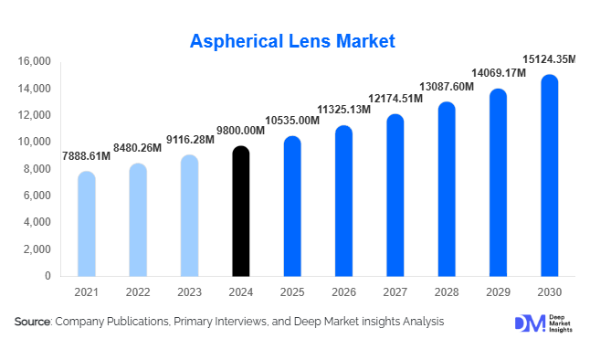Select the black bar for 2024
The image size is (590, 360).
(x=239, y=211)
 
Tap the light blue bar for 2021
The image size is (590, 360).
(x=86, y=224)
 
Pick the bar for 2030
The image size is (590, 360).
(x=549, y=175)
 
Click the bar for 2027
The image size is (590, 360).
(x=394, y=195)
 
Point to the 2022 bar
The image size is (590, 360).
(x=137, y=219)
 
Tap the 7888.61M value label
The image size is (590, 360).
(x=86, y=156)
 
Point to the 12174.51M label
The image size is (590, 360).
(x=395, y=98)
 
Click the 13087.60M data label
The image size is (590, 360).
(x=446, y=86)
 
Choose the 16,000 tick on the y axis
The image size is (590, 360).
(x=35, y=62)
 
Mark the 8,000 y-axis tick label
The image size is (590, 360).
(x=37, y=169)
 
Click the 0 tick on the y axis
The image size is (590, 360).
(x=47, y=276)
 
